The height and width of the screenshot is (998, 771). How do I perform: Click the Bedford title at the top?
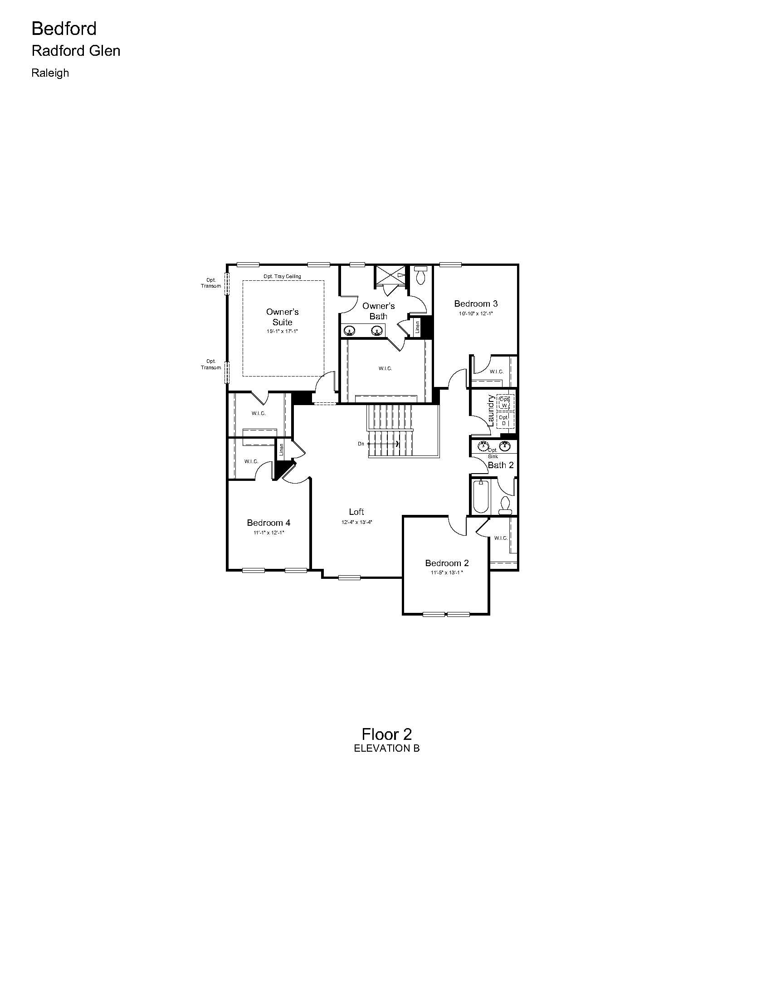click(64, 29)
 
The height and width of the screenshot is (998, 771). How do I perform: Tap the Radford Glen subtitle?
click(76, 51)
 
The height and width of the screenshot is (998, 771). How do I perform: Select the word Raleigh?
click(50, 73)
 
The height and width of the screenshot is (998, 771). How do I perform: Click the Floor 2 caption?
click(386, 734)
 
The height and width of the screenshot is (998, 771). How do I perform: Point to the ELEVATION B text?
click(386, 748)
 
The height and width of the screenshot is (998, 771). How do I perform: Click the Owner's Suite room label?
click(282, 317)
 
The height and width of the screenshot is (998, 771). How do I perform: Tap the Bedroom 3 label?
click(475, 303)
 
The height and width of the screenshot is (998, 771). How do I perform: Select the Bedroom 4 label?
click(268, 523)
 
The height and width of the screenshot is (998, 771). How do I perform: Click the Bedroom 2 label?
click(447, 563)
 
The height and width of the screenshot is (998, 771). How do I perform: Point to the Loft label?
click(356, 512)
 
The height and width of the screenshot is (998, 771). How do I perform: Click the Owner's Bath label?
click(378, 311)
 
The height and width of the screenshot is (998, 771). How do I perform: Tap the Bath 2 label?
click(501, 465)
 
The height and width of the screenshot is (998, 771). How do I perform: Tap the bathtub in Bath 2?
click(480, 496)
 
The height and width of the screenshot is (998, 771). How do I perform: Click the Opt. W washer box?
click(505, 402)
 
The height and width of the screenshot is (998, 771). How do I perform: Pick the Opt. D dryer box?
click(505, 420)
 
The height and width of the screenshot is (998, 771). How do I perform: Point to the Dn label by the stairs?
click(361, 444)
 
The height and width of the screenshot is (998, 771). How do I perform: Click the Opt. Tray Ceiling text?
click(282, 276)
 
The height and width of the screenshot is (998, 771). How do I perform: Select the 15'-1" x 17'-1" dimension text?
click(282, 331)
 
